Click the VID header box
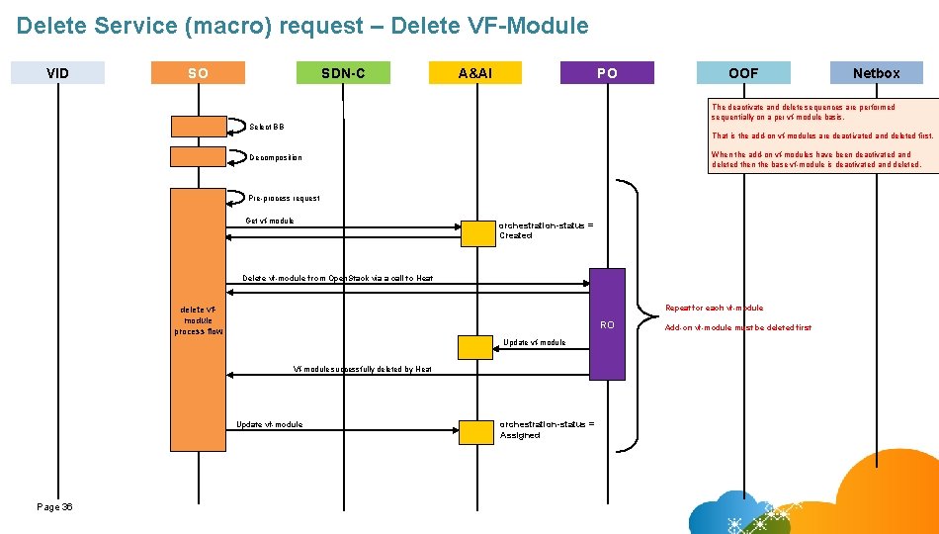[x=57, y=72]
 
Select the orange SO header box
[x=198, y=72]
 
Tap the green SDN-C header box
[x=343, y=72]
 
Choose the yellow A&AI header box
[x=475, y=72]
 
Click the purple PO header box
[x=607, y=72]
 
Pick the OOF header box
[x=743, y=72]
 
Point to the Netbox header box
[x=876, y=72]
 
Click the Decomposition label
[x=276, y=157]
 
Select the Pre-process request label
[x=284, y=198]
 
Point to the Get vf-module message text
[x=270, y=221]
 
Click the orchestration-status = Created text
[x=546, y=229]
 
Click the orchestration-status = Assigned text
[x=547, y=429]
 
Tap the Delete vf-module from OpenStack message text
[x=337, y=278]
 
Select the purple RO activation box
[x=608, y=324]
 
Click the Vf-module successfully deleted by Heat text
[x=362, y=369]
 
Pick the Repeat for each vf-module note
[x=714, y=308]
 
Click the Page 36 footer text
[x=54, y=506]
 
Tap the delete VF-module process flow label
[x=199, y=320]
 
